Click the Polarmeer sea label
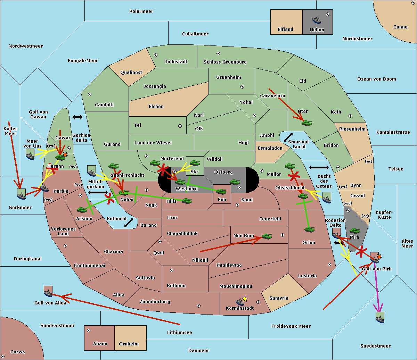(141, 11)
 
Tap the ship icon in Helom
(317, 20)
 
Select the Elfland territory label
(285, 30)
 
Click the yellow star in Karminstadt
(245, 299)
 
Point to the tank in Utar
(306, 123)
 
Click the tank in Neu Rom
(267, 236)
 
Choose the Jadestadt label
(176, 62)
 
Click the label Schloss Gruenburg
(225, 62)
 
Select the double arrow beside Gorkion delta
(77, 117)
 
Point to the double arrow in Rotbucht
(129, 223)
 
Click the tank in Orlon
(309, 229)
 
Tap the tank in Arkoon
(82, 210)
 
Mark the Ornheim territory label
(129, 344)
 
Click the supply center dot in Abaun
(89, 330)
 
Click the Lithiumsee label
(180, 333)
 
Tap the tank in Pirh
(354, 231)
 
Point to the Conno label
(400, 27)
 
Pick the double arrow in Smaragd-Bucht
(288, 137)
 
